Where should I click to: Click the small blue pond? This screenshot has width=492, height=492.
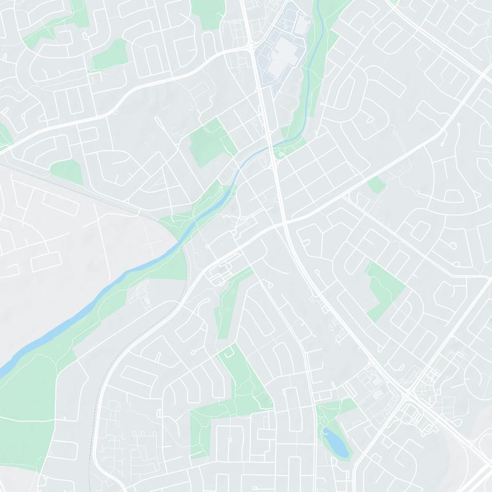tap(335, 442)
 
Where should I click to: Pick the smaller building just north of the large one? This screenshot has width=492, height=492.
tap(301, 25)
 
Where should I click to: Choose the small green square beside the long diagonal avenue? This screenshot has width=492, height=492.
tap(376, 184)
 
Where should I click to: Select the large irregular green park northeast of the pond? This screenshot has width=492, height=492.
tap(385, 289)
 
